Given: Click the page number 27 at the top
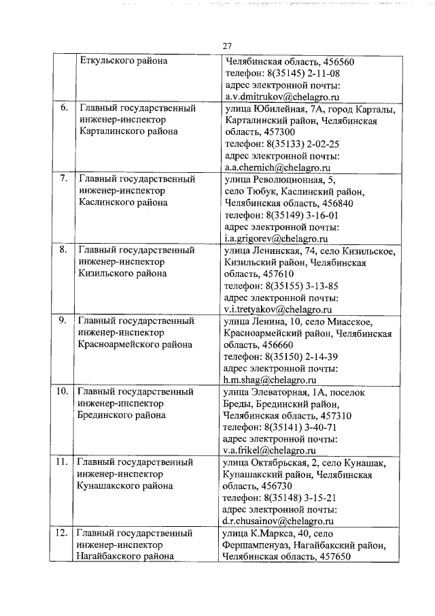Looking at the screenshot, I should click(x=227, y=46).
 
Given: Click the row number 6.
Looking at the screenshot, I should click(x=64, y=108).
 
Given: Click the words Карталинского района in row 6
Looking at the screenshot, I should click(x=128, y=131).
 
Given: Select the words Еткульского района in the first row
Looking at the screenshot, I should click(x=123, y=61).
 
